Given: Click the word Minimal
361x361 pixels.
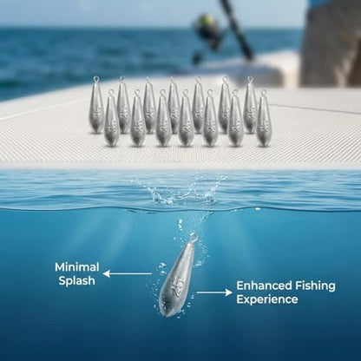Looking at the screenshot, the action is [77, 267].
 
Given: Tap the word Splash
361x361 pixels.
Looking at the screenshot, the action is [76, 281].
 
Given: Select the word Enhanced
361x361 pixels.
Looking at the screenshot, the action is [264, 286].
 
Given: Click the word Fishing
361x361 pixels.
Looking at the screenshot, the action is [315, 286].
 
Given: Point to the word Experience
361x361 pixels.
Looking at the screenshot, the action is [267, 299].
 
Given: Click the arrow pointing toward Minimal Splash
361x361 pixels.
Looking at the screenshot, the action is [128, 273].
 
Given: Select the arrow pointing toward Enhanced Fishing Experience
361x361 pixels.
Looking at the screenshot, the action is [214, 292].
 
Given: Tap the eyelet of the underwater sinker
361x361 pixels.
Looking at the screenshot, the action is [194, 238].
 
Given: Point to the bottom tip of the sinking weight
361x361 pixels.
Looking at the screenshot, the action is [166, 316].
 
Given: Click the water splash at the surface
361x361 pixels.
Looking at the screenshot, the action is [185, 190].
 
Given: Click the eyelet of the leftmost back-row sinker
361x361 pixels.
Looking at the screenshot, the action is [96, 79].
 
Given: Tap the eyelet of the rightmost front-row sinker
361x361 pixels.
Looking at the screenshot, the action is [263, 93].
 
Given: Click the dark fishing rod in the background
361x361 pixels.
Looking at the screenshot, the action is [237, 29].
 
